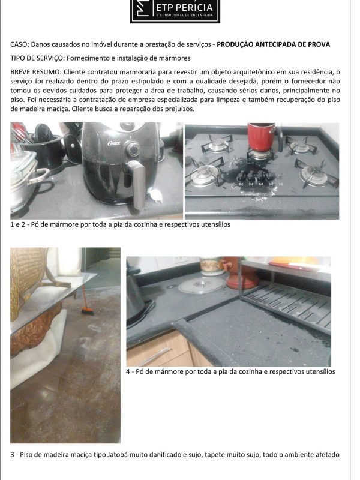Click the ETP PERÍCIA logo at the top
tap(175, 11)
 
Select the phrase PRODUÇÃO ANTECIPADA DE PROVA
tap(273, 45)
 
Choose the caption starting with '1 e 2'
tap(120, 225)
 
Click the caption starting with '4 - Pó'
tap(230, 371)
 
